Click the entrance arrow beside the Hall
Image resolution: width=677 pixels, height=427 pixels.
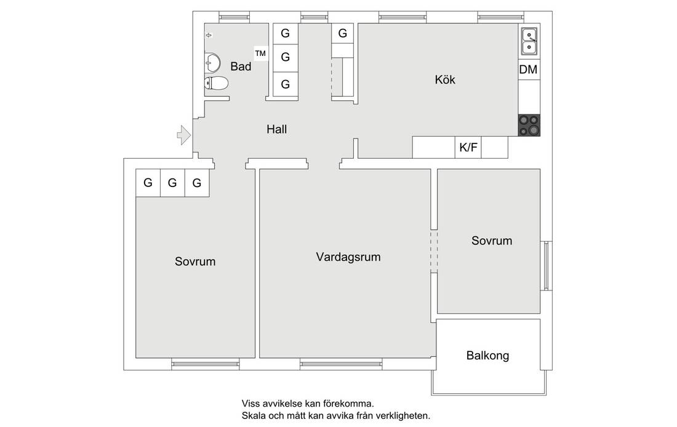pos(184,135)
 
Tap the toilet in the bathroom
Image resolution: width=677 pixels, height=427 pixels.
pos(216,83)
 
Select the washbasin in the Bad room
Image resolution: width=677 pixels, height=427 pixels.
pos(212,63)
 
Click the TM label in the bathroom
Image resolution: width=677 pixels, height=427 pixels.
pos(260,54)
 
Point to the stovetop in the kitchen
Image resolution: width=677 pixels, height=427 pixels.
pos(529,125)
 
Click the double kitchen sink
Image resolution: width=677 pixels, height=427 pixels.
pos(529,41)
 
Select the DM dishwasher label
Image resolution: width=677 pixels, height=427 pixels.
pos(529,70)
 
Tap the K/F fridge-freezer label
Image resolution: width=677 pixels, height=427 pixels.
pos(468,148)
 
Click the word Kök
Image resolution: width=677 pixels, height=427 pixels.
pos(445,80)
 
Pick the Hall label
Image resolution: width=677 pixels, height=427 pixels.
pos(277,129)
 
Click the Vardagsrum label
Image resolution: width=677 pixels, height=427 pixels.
pos(348,257)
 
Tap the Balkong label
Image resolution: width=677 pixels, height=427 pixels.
pos(488,356)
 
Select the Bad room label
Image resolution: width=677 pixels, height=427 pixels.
pos(241,66)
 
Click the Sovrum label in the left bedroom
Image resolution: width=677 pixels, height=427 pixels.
pos(195,261)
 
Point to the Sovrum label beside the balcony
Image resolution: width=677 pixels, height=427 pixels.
pos(492,241)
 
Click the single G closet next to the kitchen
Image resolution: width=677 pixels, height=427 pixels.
pos(343,33)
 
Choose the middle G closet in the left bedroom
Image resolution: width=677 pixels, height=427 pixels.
pos(172,183)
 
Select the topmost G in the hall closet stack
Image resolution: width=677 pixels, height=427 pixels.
pos(286,33)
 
